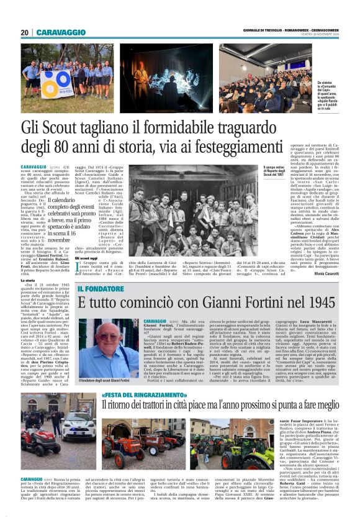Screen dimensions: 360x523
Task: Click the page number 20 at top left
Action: coord(24,32)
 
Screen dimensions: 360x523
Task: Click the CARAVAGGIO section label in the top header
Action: coord(61,32)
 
